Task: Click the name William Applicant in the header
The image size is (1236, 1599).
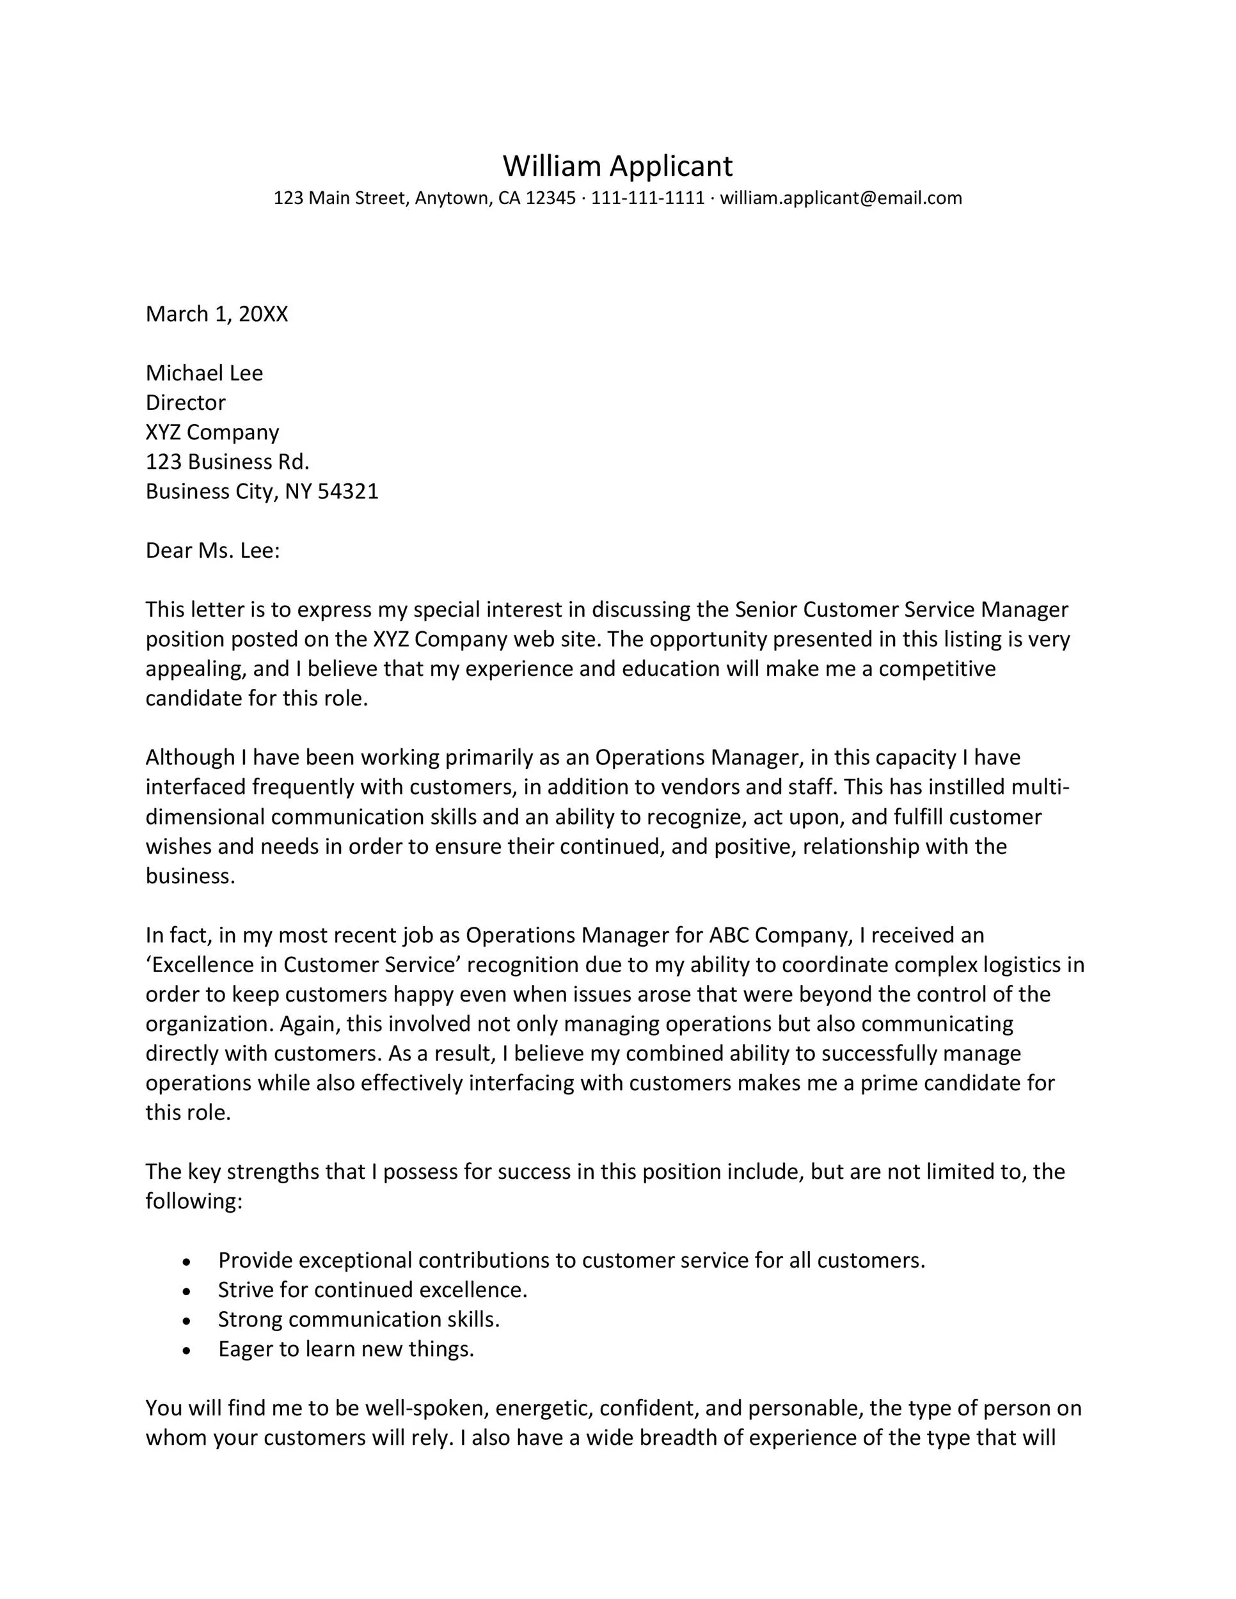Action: [x=617, y=166]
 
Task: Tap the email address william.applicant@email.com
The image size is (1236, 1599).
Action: [x=841, y=198]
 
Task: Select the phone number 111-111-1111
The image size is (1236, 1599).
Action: [x=647, y=198]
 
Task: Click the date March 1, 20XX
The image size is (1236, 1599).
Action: [x=217, y=314]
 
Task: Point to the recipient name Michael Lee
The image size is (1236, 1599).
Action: [x=204, y=374]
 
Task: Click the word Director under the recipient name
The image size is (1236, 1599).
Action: [x=186, y=403]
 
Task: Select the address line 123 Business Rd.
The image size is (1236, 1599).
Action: [x=228, y=462]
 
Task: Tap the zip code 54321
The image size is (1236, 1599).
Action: [x=348, y=491]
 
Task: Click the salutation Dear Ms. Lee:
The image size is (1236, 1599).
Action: [x=212, y=551]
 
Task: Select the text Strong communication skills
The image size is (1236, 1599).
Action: [x=359, y=1320]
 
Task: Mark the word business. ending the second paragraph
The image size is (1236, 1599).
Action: [x=191, y=876]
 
